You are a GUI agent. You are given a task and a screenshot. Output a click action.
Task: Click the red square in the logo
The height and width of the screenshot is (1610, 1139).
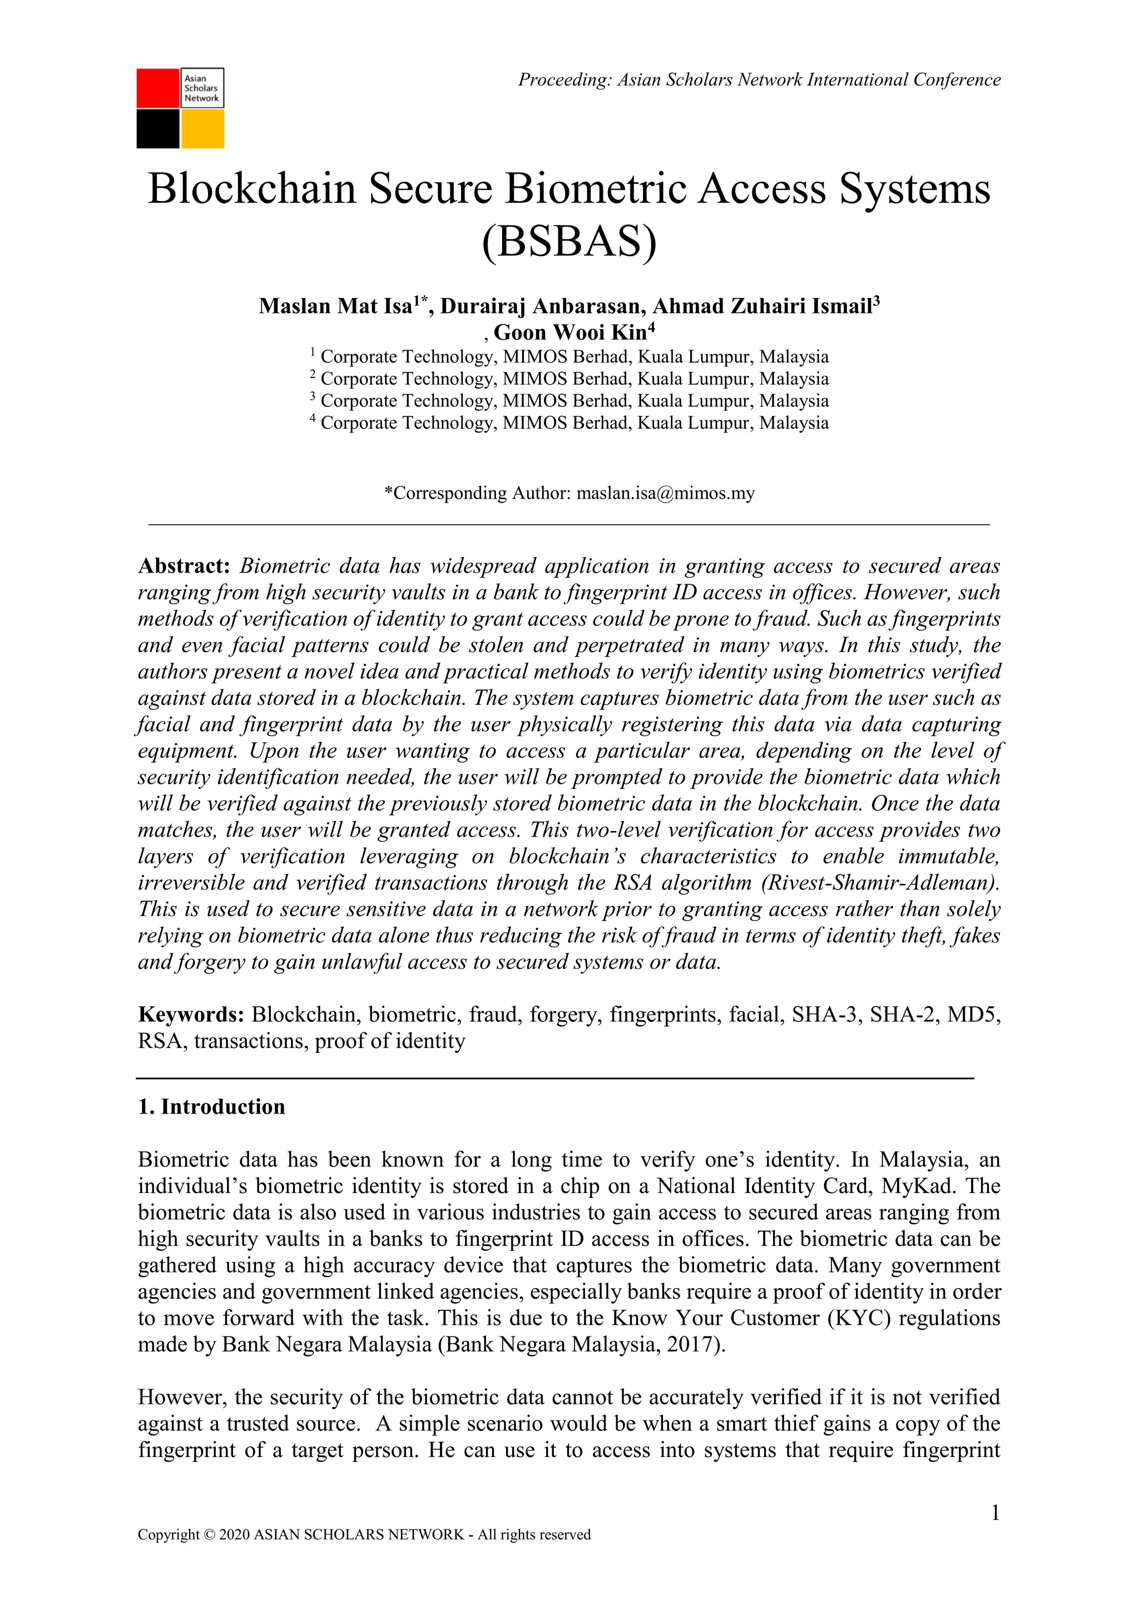point(158,88)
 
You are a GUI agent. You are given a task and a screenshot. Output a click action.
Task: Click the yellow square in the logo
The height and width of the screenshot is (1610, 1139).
point(202,129)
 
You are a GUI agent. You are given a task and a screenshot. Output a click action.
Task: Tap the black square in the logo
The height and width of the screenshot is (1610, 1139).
point(158,129)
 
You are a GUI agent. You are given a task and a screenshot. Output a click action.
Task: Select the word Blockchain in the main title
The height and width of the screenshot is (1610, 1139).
point(252,190)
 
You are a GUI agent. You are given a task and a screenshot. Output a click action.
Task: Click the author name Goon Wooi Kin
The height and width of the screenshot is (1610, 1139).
point(569,332)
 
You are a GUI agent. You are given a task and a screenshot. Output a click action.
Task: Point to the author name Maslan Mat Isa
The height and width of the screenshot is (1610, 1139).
point(335,306)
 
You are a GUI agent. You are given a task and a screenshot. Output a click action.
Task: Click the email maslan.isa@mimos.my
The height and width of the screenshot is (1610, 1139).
point(665,493)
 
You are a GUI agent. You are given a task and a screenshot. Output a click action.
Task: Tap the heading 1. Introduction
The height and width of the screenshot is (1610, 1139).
point(212,1106)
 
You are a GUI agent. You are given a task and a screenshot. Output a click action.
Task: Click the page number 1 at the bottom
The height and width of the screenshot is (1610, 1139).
point(994,1513)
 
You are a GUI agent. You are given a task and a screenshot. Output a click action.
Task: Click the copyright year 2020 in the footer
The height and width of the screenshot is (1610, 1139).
point(234,1554)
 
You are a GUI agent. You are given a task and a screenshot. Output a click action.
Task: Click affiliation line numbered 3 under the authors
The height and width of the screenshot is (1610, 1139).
point(569,401)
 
